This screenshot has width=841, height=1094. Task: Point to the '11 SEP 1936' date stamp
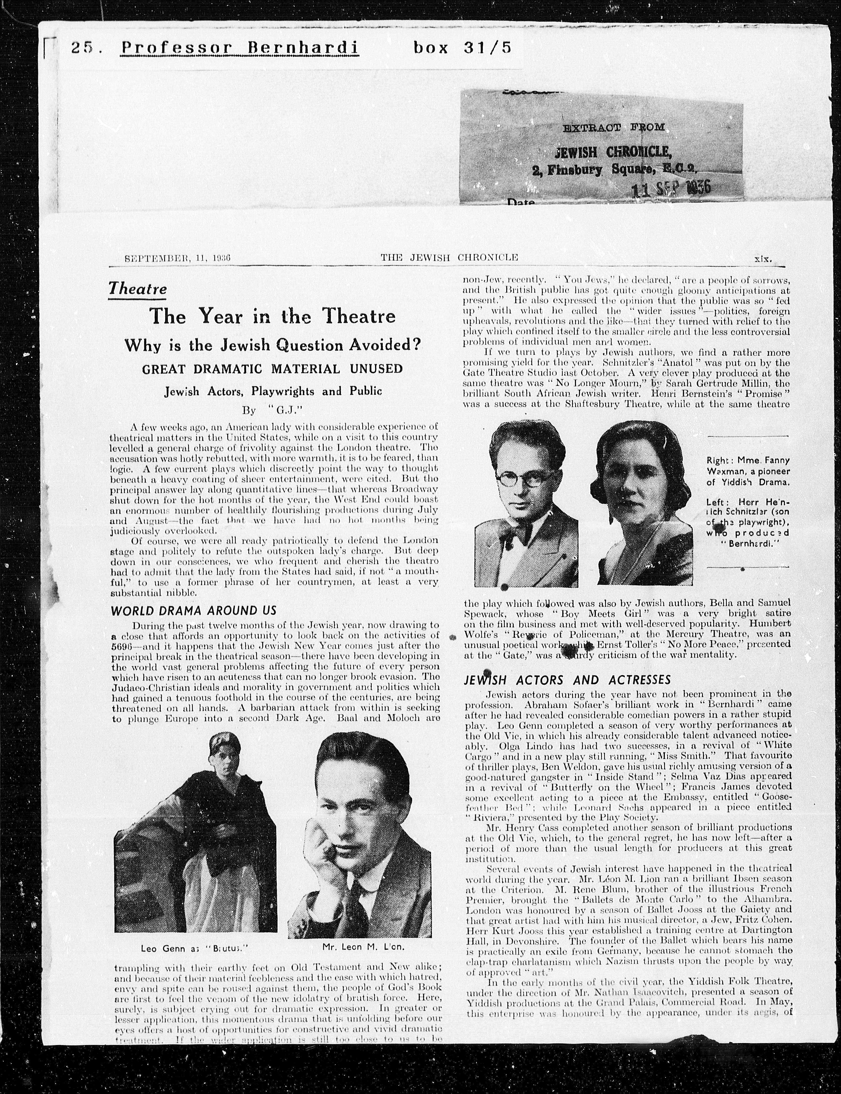[x=671, y=189]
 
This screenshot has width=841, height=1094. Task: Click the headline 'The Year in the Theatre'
[x=273, y=316]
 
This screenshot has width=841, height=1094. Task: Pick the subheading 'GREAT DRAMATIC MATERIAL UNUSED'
[x=273, y=369]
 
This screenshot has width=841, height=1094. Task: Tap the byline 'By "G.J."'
[x=270, y=410]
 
